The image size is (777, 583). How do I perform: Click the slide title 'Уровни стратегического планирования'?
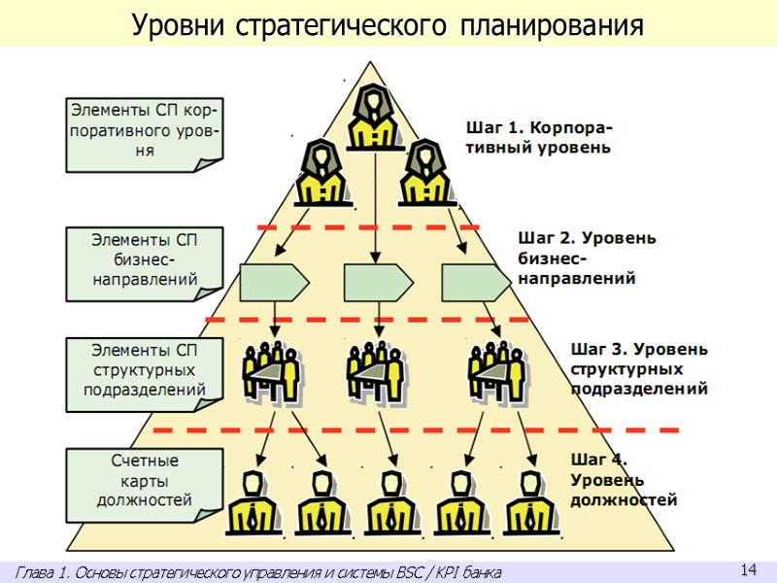(388, 24)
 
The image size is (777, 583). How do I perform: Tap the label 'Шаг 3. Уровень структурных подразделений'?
(638, 368)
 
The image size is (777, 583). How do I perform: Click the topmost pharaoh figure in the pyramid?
(373, 117)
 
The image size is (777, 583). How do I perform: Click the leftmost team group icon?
(269, 369)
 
